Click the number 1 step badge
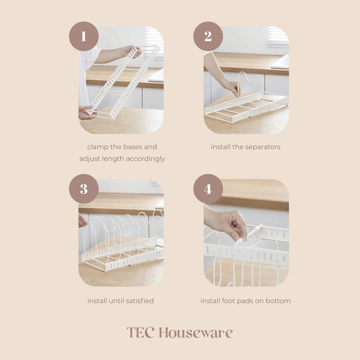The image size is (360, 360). [x=84, y=36]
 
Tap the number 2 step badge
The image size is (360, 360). [x=208, y=36]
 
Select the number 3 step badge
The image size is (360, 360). [x=84, y=189]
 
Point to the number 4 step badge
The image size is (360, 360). [x=208, y=189]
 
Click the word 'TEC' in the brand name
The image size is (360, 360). [x=140, y=332]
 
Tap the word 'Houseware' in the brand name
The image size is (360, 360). [x=196, y=332]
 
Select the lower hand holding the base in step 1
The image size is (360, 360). [x=87, y=113]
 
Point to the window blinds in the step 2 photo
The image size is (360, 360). [x=278, y=37]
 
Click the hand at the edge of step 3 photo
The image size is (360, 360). [x=82, y=220]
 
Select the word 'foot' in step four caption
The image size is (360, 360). [x=229, y=301]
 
